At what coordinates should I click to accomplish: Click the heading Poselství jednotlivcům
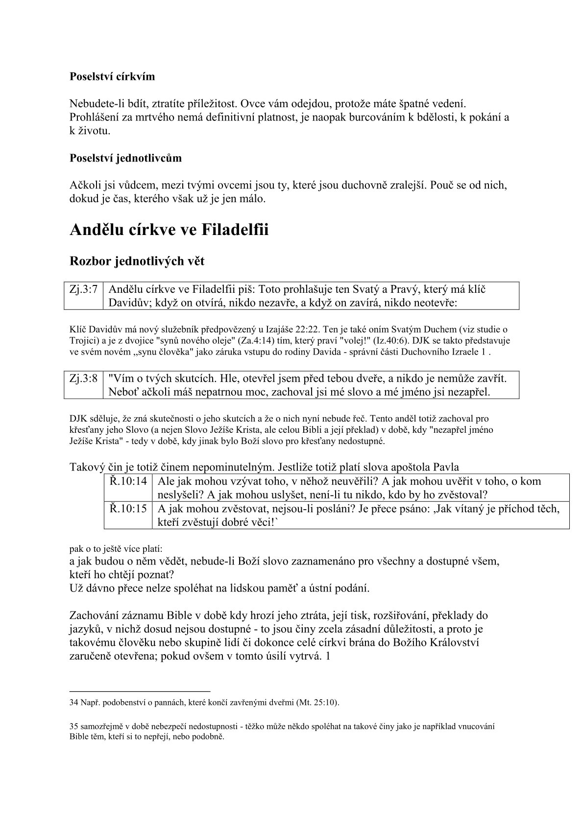point(126,158)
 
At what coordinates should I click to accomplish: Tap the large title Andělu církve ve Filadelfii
point(170,230)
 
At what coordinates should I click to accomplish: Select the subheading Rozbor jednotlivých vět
point(138,261)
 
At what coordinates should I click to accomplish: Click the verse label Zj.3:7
point(83,289)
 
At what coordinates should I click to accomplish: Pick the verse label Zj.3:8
point(83,378)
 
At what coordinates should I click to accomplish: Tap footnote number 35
point(74,727)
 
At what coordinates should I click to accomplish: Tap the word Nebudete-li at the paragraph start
point(97,104)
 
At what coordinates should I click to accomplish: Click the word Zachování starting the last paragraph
point(97,615)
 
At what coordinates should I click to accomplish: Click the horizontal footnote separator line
point(140,691)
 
